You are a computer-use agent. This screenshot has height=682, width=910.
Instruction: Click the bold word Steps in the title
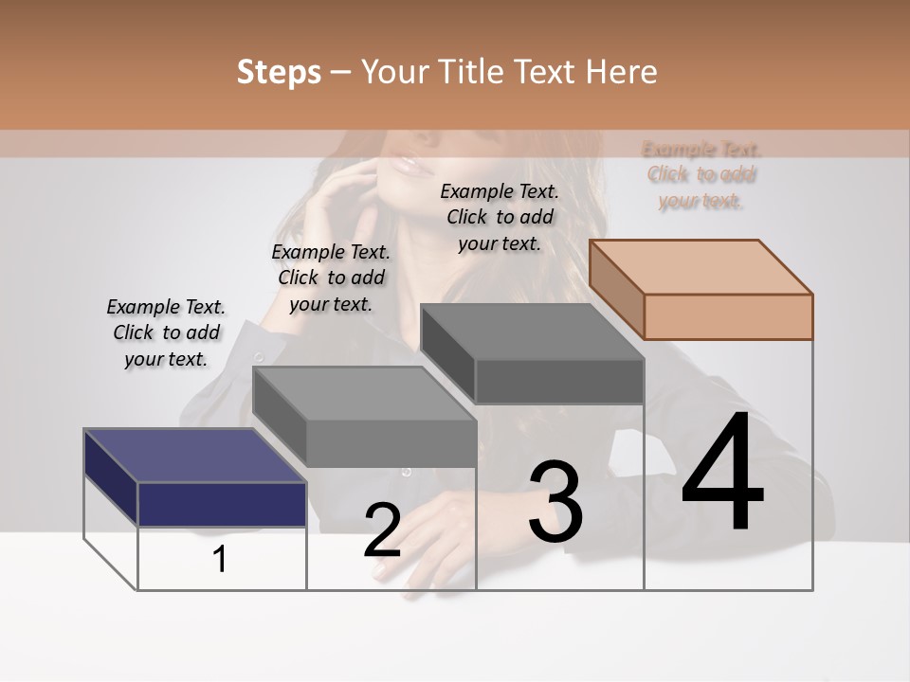[x=278, y=72]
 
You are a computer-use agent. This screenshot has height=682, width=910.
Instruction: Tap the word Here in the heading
[x=621, y=72]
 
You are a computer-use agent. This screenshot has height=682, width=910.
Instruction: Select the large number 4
[x=723, y=474]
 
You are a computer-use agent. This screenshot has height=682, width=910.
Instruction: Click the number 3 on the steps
[x=555, y=501]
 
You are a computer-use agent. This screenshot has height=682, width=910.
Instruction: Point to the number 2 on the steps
[x=382, y=530]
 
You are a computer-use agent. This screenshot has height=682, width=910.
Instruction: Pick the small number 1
[x=220, y=560]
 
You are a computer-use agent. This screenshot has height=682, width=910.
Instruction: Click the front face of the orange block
[x=728, y=316]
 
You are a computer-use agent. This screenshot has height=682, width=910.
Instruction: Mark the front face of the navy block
[x=222, y=504]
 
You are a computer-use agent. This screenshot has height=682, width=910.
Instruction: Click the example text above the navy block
[x=166, y=332]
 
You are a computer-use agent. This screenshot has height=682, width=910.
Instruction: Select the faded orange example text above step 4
[x=701, y=174]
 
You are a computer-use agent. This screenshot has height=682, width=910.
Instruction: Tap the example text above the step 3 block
[x=500, y=217]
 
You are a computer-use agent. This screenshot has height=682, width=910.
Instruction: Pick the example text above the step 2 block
[x=331, y=278]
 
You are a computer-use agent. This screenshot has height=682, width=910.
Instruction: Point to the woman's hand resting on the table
[x=427, y=530]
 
